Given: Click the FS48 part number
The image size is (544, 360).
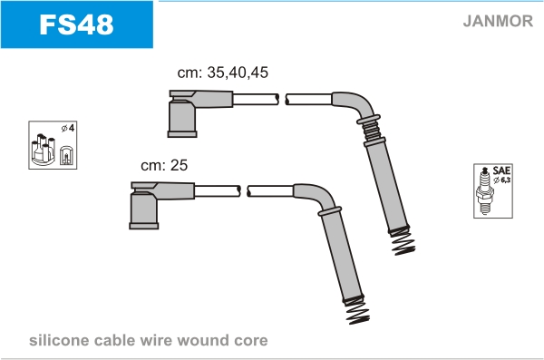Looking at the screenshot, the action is click(76, 24).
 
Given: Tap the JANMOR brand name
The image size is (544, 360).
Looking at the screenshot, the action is click(498, 21).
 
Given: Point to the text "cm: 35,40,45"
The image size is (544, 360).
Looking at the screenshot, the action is click(223, 73).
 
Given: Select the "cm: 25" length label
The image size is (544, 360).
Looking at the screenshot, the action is click(164, 165).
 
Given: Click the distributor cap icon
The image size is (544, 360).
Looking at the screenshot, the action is click(44, 150).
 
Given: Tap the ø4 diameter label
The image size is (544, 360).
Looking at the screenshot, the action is click(68, 129).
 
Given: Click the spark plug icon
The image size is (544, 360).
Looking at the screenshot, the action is click(485, 191).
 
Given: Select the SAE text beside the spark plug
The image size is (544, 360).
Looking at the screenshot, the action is click(501, 170).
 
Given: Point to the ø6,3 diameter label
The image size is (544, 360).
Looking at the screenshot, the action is click(502, 180).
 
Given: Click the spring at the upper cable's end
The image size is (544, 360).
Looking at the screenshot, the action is click(403, 242).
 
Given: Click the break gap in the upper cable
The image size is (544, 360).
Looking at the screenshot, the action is click(282, 99).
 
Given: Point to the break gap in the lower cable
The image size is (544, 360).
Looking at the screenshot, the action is click(244, 191).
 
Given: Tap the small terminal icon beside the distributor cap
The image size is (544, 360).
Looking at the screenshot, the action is click(66, 155).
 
